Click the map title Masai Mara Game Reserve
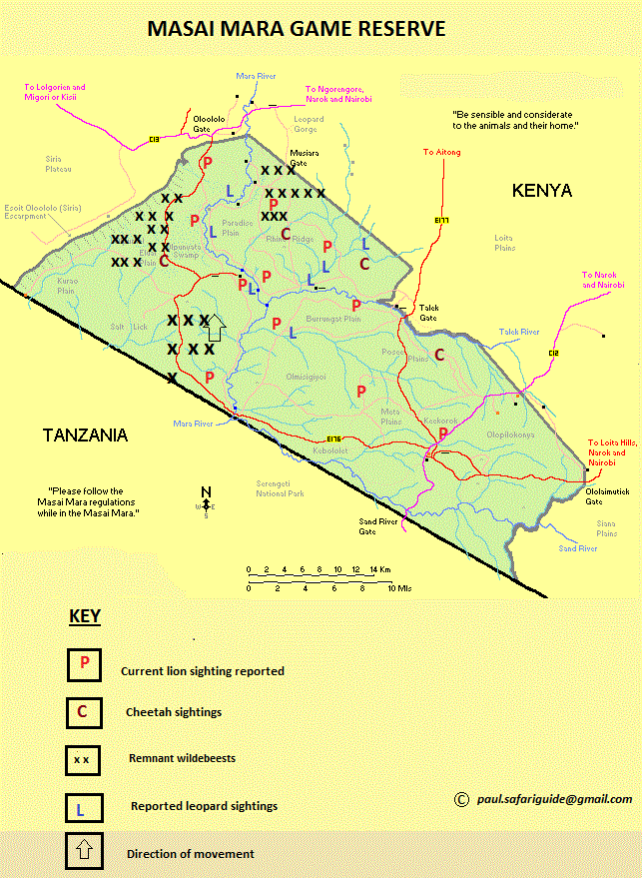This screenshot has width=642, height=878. pos(296,30)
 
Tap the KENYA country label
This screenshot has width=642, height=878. pos(541,190)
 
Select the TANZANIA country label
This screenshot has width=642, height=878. pos(85,435)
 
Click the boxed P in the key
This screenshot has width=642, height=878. pos(84,664)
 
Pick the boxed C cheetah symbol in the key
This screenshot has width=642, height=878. pos(82,711)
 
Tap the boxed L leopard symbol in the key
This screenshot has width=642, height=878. pos(82,807)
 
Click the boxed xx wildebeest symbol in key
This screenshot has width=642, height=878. pos(82,760)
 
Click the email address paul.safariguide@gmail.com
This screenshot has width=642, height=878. pos(553,799)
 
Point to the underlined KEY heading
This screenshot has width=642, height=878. pos(85,615)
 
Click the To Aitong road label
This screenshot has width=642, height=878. pos(441,152)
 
